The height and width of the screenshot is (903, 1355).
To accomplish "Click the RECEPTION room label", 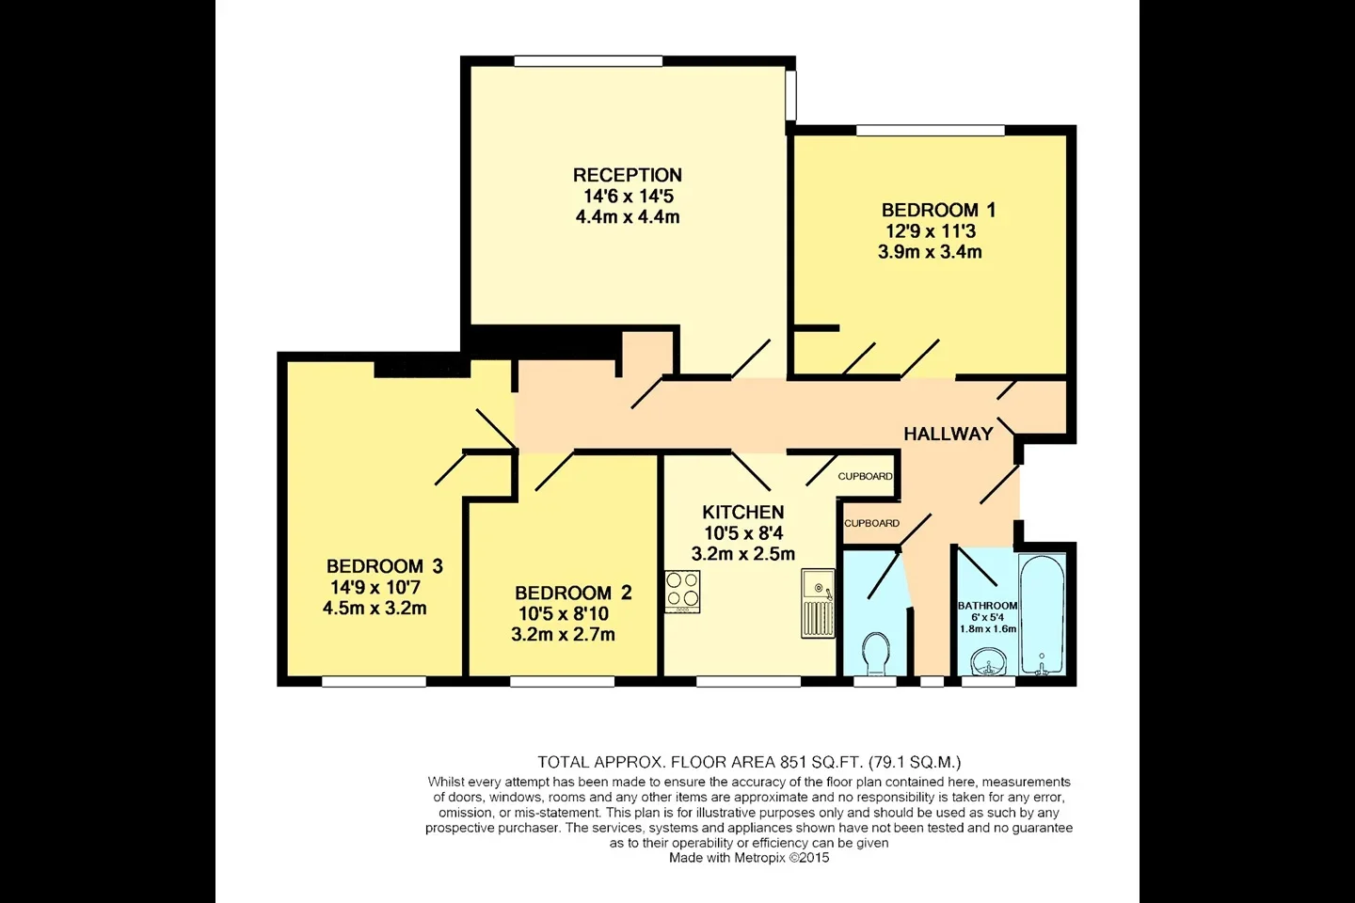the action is (628, 175).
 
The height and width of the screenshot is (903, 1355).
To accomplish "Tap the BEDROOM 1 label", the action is (938, 211).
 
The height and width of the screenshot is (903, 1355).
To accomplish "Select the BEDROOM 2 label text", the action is (573, 593).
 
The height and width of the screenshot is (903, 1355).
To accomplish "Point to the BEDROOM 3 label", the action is (385, 566).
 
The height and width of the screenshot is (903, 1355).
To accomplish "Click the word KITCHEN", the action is (742, 513).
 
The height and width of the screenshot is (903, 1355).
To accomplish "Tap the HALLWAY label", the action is (948, 434).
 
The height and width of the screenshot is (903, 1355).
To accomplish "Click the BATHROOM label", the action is (987, 606).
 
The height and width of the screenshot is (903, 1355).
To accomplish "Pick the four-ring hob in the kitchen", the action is (682, 592).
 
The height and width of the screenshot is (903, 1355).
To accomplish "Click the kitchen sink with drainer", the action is (818, 603).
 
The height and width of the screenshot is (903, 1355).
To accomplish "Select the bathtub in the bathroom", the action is (1042, 614).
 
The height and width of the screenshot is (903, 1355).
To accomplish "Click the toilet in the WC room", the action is (875, 655).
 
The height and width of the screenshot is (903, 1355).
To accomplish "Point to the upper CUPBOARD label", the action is (865, 477).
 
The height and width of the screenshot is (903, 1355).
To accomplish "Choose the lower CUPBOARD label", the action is (871, 524).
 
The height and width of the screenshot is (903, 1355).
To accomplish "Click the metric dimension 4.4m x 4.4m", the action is (628, 217).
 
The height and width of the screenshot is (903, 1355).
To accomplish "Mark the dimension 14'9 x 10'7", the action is (375, 587).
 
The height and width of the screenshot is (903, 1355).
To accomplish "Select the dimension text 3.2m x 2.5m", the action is (742, 554).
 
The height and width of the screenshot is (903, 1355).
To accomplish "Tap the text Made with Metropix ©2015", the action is (749, 858).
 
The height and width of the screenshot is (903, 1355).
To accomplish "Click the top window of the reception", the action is (589, 60).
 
